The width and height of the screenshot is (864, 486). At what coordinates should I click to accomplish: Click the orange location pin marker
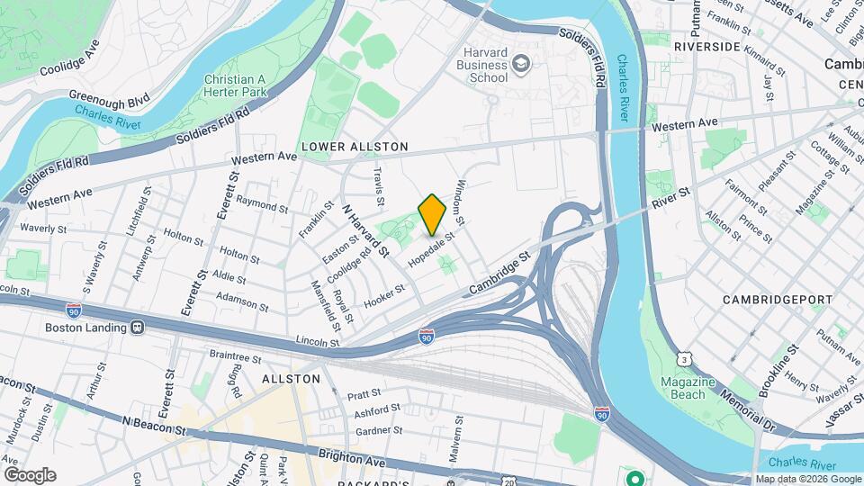point(433,214)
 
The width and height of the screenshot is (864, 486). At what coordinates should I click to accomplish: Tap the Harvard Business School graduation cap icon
point(521,64)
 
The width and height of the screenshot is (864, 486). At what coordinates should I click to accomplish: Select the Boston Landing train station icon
point(138,328)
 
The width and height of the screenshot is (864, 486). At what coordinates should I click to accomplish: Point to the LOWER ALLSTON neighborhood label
point(355,146)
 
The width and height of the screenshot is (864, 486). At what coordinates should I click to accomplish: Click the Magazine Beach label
point(688,388)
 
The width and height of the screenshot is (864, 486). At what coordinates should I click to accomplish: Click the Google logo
point(30,474)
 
